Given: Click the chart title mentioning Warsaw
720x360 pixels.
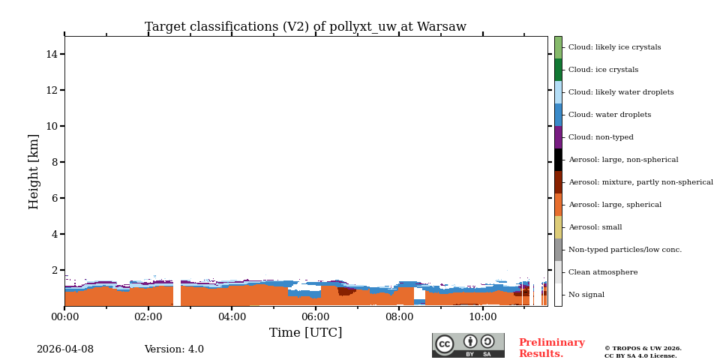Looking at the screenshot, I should coord(305,27).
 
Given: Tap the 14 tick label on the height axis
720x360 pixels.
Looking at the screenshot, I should coord(52,54).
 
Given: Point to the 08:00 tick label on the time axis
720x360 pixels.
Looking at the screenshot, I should coord(398,317).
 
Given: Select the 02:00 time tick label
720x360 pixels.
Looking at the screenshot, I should coord(148,317).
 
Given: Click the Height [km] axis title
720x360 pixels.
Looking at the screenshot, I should coord(34,171).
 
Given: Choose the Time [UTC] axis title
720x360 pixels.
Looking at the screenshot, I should coord(305,333).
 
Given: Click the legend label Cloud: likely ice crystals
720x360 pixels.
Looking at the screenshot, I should coord(614,47).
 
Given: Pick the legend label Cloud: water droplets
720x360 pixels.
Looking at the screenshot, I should coord(609,115).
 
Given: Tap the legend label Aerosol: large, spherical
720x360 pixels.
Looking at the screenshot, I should coord(614,205).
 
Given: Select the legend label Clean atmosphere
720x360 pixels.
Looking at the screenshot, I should coord(602,272).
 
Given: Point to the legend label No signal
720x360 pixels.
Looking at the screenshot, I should coord(586,295).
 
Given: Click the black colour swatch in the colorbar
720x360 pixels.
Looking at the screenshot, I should coord(558,160).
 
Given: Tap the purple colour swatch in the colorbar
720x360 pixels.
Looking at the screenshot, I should coord(558,137).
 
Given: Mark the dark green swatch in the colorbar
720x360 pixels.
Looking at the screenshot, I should coord(558,70).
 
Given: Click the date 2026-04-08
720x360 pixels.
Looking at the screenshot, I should coord(65,349).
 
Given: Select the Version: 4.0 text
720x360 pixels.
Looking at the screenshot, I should coord(174,349).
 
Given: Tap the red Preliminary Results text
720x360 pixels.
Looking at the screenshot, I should coord(551,348).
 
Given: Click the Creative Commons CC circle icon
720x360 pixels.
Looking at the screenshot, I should coord(445,344).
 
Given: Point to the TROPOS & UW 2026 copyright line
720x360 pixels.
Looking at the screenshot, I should coord(643,349).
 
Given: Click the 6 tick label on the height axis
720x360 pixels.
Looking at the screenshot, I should coord(55,198).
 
